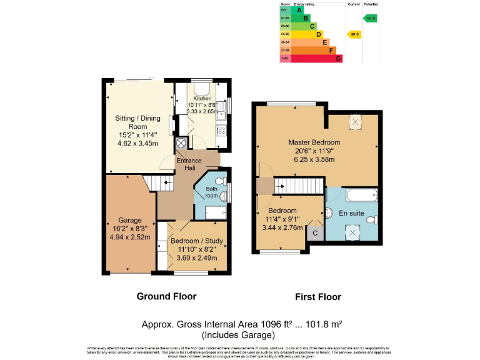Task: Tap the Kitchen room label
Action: (x=202, y=99)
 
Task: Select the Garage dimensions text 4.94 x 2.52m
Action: (x=131, y=237)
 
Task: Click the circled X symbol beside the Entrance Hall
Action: (x=181, y=143)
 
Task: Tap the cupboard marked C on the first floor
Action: (x=315, y=234)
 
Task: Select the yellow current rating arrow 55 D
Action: (x=354, y=34)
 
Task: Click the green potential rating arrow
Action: (x=370, y=18)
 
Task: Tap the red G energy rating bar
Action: (x=311, y=59)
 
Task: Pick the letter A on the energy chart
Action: (x=299, y=10)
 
